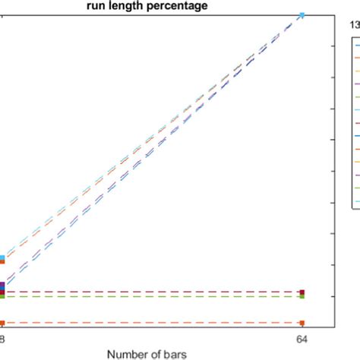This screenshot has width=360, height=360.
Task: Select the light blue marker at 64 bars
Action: pyautogui.click(x=302, y=15)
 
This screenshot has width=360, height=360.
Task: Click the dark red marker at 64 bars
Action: pyautogui.click(x=302, y=292)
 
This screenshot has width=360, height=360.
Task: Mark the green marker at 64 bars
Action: pyautogui.click(x=302, y=297)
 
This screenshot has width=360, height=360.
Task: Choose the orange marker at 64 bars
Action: pyautogui.click(x=302, y=324)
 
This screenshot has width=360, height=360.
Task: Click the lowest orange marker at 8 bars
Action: pyautogui.click(x=2, y=324)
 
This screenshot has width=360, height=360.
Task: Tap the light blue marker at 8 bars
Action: pyautogui.click(x=2, y=258)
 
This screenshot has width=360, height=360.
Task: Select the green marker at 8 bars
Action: pyautogui.click(x=2, y=297)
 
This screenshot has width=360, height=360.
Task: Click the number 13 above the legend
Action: pyautogui.click(x=354, y=24)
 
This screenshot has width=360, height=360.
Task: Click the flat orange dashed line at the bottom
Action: pyautogui.click(x=152, y=324)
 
